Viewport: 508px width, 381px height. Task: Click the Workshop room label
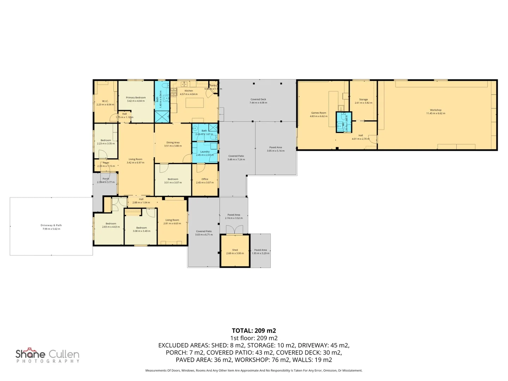(x=435, y=110)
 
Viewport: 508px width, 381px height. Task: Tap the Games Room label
(x=319, y=113)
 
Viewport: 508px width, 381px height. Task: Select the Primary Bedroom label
(x=136, y=98)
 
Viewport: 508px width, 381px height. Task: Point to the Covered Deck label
(x=258, y=99)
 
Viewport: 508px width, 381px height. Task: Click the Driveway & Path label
(x=51, y=225)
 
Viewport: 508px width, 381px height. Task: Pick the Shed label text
(x=235, y=250)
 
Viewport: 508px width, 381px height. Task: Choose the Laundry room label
(x=205, y=152)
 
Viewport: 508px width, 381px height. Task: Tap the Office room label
(x=205, y=179)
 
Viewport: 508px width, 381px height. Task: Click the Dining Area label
(x=173, y=143)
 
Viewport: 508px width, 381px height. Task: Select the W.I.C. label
(x=105, y=101)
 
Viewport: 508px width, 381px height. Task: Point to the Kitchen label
(x=189, y=91)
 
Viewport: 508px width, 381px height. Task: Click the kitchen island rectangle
(x=195, y=103)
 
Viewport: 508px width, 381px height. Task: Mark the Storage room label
(x=363, y=99)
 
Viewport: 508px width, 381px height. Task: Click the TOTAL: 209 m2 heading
(x=254, y=331)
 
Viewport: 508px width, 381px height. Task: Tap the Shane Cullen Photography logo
(x=48, y=356)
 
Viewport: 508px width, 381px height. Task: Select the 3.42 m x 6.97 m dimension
(x=135, y=163)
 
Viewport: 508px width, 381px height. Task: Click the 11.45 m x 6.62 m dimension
(x=435, y=114)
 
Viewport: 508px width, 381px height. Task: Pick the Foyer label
(x=106, y=163)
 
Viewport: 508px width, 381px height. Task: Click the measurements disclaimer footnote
(x=254, y=370)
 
